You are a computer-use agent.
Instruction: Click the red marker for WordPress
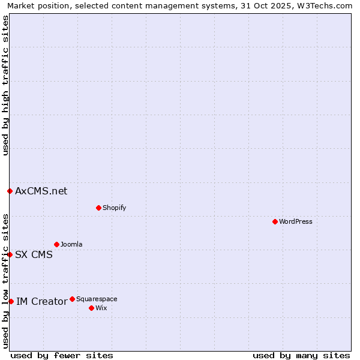point(275,221)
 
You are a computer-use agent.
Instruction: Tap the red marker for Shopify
point(98,208)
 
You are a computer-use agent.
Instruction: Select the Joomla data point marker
point(56,244)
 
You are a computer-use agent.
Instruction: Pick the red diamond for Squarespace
point(72,299)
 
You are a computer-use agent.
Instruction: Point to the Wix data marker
point(91,308)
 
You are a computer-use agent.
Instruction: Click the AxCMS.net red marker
point(10,191)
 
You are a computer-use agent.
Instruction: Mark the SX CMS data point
point(10,254)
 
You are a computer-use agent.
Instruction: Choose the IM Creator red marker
point(11,301)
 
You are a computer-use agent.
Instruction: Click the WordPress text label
point(296,221)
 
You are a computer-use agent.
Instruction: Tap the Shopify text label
point(114,208)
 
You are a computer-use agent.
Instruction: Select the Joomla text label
point(71,244)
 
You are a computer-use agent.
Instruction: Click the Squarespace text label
point(97,299)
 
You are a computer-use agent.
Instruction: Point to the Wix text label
point(101,308)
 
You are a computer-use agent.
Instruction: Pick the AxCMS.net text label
point(41,191)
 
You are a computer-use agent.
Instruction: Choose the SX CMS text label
point(34,254)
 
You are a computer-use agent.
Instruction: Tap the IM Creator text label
point(41,301)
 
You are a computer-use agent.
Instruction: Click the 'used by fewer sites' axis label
point(62,355)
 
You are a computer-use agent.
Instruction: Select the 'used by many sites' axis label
point(301,355)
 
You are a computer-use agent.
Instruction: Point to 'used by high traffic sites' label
point(5,85)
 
